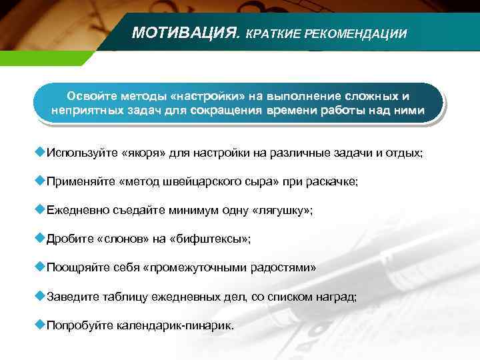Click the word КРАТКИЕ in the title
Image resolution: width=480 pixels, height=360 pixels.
[274, 33]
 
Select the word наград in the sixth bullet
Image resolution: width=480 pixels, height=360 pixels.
[339, 297]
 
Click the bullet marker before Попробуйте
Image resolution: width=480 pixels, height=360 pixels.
[39, 325]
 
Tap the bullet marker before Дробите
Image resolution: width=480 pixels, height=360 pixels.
[39, 237]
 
